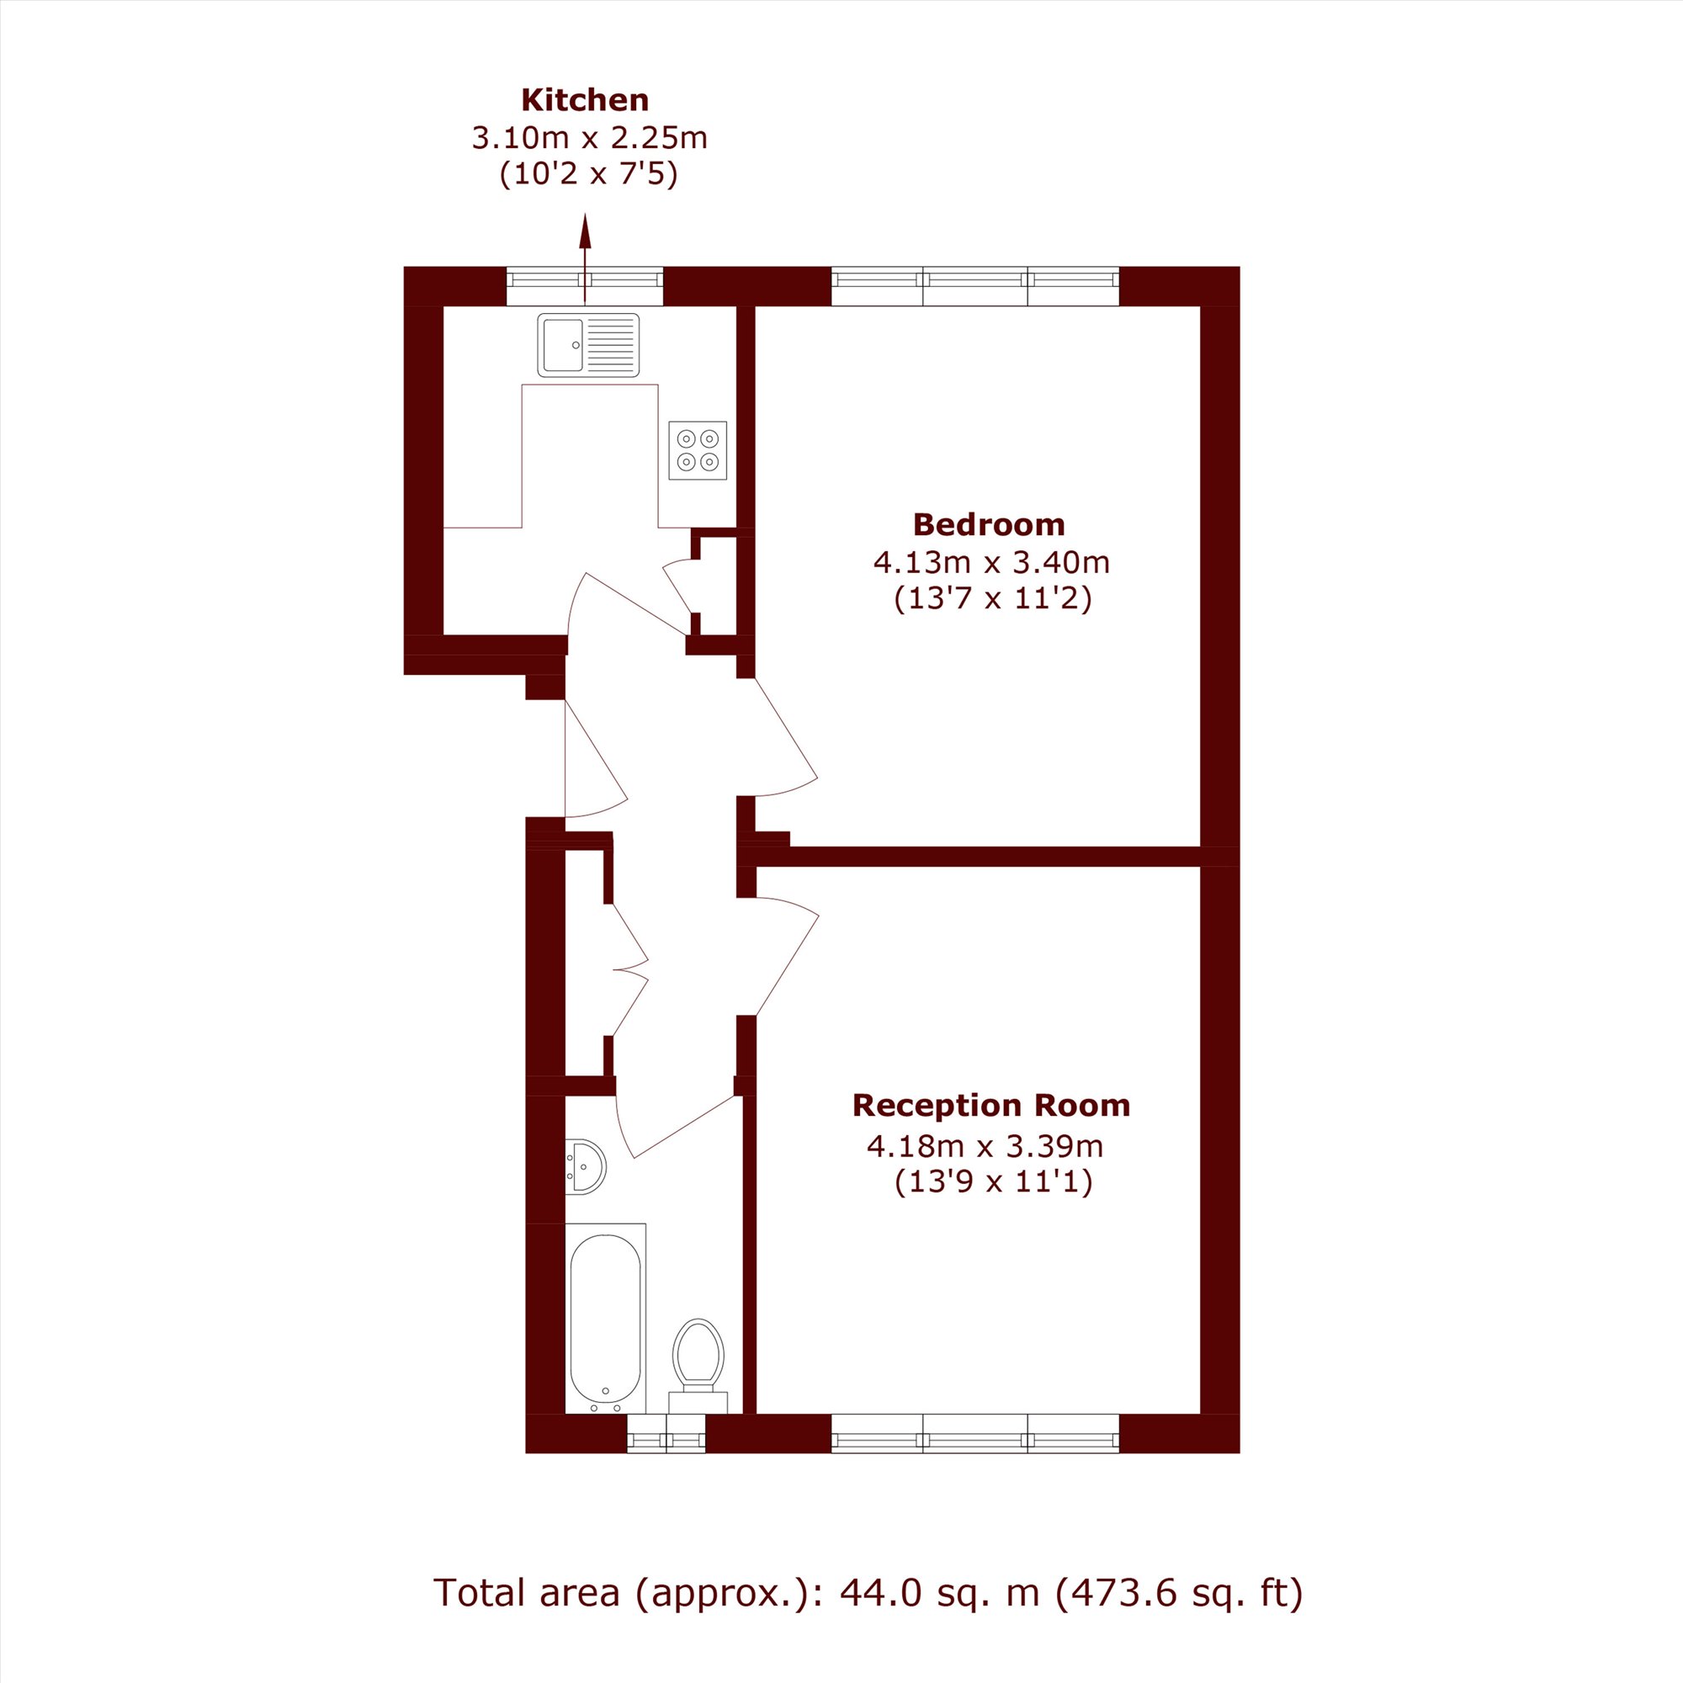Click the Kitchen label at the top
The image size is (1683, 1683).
click(x=585, y=100)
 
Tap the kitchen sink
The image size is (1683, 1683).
click(x=588, y=345)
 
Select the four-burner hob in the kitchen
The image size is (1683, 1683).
click(x=698, y=450)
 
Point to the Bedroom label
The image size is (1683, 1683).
click(x=989, y=524)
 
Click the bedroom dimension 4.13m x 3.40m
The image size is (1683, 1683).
click(x=991, y=562)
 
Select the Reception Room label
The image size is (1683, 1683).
click(x=991, y=1106)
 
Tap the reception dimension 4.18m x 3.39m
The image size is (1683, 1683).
click(x=985, y=1146)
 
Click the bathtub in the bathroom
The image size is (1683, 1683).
click(x=605, y=1318)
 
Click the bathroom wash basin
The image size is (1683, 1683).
click(x=586, y=1166)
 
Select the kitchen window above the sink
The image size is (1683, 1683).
click(x=585, y=286)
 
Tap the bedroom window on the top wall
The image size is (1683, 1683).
click(x=974, y=286)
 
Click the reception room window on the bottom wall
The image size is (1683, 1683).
click(x=974, y=1433)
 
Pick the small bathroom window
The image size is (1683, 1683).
click(x=666, y=1433)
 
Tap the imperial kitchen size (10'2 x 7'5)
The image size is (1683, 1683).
click(x=589, y=175)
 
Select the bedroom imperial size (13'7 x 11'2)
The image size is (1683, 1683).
click(x=993, y=599)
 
